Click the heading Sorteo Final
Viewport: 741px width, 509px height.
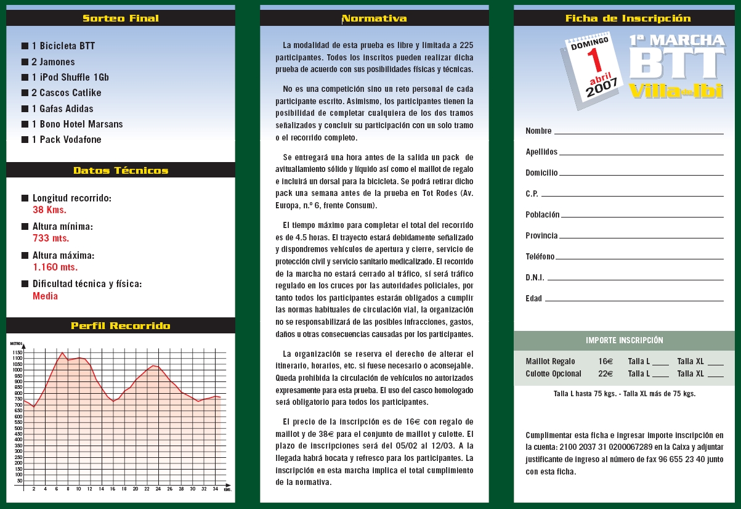(121, 18)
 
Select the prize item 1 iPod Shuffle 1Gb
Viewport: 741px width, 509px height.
(70, 78)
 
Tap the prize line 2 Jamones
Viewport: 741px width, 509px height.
(53, 62)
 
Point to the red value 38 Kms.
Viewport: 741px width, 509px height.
(49, 210)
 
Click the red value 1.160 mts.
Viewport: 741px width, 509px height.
(55, 267)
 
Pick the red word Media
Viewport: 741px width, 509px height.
(45, 296)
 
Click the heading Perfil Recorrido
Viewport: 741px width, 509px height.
(121, 325)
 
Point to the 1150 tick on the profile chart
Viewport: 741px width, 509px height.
(17, 352)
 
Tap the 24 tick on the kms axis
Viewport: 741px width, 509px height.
(158, 489)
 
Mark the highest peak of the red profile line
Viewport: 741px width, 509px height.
(62, 352)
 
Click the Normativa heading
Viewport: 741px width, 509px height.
(375, 18)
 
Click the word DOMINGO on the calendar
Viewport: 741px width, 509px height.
(589, 43)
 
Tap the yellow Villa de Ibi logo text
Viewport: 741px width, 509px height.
(675, 91)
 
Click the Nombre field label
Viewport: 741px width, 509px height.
(538, 131)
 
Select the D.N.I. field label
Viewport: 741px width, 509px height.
(535, 277)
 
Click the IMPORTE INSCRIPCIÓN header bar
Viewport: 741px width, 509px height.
(625, 340)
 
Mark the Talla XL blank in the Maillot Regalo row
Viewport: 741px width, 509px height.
(716, 364)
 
